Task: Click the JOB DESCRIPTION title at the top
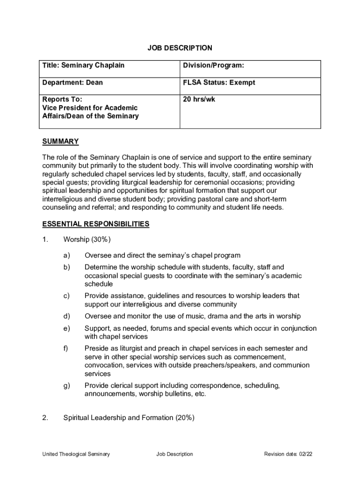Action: coord(180,48)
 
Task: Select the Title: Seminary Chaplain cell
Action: coord(84,65)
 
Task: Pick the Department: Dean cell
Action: coord(72,83)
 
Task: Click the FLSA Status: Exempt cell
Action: coord(219,83)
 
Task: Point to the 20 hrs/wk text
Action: coord(199,99)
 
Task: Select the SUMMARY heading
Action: coord(60,141)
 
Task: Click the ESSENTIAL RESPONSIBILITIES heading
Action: coord(96,224)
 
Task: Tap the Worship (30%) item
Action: coord(87,239)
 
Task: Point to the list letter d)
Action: coord(67,316)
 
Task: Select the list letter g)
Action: coord(67,385)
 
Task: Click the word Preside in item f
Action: coord(97,348)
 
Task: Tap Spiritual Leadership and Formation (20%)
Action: coord(129,418)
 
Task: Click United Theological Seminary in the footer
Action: coord(76,454)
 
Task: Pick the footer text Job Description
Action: coord(175,454)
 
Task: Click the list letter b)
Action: coord(67,267)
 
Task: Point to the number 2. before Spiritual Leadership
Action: coord(45,418)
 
